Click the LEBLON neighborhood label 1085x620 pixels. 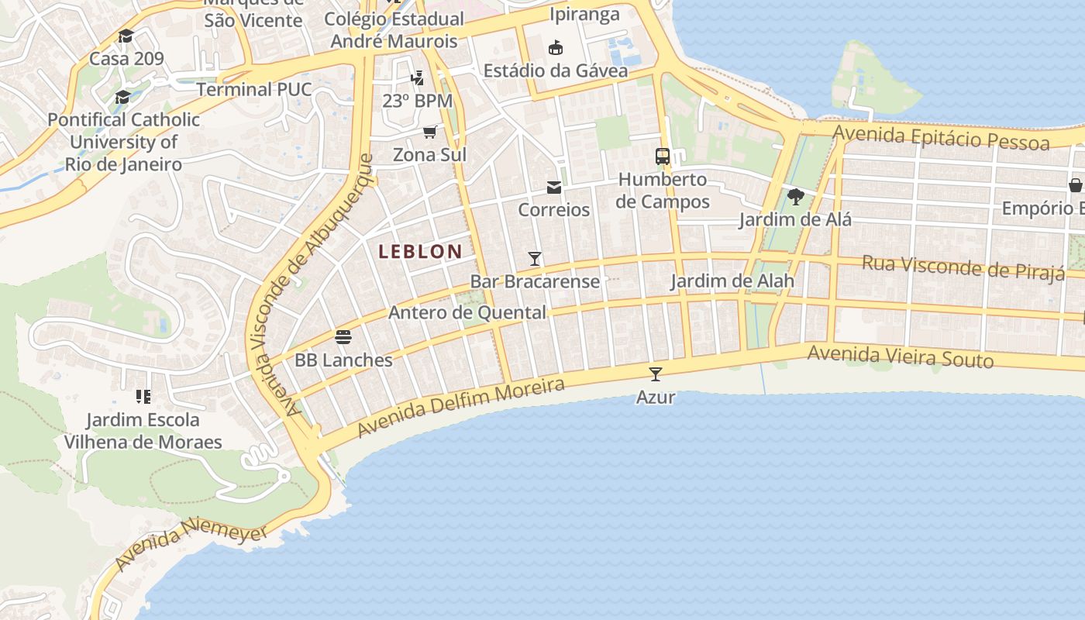pyautogui.click(x=420, y=251)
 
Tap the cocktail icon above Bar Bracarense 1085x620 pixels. pyautogui.click(x=534, y=258)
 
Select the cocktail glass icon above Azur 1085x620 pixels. pyautogui.click(x=656, y=374)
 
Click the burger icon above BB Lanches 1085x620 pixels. pyautogui.click(x=343, y=337)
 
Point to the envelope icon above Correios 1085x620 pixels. pyautogui.click(x=553, y=188)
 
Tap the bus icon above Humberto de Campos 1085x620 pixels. pyautogui.click(x=662, y=157)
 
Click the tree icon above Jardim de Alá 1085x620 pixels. pyautogui.click(x=795, y=197)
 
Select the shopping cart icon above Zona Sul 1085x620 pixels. pyautogui.click(x=429, y=132)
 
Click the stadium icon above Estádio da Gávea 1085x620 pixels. pyautogui.click(x=555, y=48)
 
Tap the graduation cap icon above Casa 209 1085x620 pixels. pyautogui.click(x=126, y=36)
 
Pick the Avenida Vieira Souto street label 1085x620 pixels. pyautogui.click(x=900, y=357)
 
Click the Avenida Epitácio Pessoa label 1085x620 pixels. pyautogui.click(x=941, y=138)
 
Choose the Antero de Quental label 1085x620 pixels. pyautogui.click(x=467, y=313)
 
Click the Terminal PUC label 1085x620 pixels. pyautogui.click(x=253, y=89)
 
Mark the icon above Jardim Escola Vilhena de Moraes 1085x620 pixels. pyautogui.click(x=143, y=397)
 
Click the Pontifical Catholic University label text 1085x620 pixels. pyautogui.click(x=124, y=142)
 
